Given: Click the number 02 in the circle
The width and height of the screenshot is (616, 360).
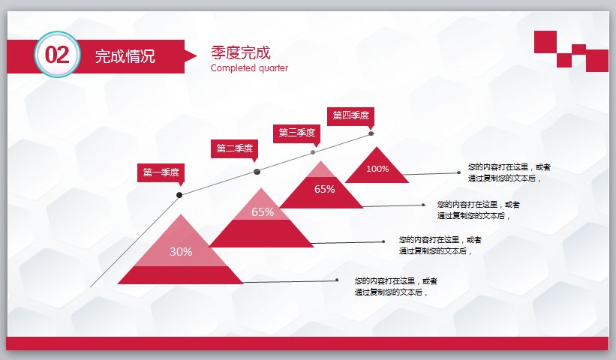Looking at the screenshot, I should coord(57,55).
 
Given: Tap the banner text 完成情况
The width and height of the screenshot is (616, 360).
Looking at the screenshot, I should coord(125,56).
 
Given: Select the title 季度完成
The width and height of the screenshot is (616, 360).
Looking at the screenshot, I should coord(240,53).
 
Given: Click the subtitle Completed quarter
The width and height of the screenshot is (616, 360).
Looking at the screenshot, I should coord(249,68).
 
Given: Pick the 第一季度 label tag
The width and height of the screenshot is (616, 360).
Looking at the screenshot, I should coord(161,172).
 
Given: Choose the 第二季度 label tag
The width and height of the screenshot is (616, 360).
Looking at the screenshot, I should coord(234,148).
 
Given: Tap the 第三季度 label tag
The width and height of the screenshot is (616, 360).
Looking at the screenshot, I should coord(296,133).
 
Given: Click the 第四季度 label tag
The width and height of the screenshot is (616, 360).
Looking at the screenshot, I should coord(351,115).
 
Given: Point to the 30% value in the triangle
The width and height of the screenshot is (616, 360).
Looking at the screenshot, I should coord(181,252).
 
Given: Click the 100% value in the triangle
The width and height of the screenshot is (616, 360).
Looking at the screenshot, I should coord(377,169).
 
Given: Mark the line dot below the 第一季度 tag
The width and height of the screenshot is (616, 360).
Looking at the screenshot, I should coord(179,195).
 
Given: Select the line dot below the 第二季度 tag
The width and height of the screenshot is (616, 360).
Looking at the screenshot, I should coord(257,172).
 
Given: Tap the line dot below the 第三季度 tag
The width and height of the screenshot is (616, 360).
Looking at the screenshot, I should coord(313,152).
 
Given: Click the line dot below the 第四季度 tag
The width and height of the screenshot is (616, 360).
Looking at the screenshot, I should coord(371,133).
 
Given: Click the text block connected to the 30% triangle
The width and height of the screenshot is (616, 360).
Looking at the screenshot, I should coord(395,286).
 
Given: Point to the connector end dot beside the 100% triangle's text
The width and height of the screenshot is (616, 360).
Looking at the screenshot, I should coord(458,172).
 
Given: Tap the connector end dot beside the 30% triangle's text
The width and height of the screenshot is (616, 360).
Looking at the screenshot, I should coord(338,280).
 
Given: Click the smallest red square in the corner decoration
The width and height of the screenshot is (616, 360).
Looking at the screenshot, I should coord(578,49).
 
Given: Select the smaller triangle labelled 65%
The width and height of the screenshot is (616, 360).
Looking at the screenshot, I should coord(324,189).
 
